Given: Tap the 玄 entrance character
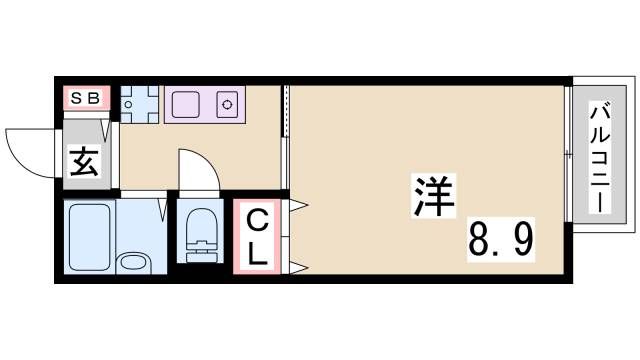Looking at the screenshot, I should click(x=84, y=161).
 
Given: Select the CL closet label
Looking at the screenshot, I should click(x=257, y=236).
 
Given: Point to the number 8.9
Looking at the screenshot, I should click(x=501, y=240).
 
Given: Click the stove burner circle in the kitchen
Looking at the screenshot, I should click(x=228, y=103).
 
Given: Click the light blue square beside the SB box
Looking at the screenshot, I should click(x=139, y=103).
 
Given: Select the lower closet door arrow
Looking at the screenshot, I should click(x=298, y=266).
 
